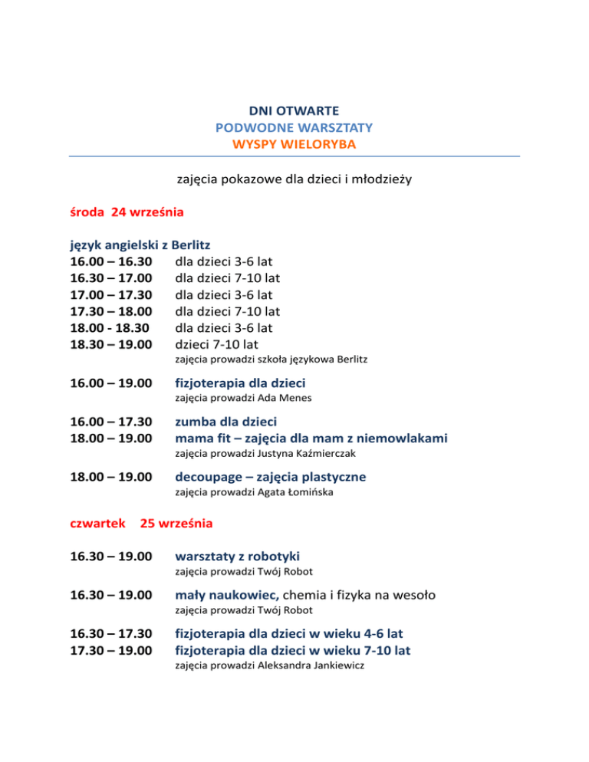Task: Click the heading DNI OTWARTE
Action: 294,111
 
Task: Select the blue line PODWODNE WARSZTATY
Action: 294,127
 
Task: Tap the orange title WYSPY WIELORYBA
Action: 294,143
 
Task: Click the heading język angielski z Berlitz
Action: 134,245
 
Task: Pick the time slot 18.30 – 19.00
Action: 107,343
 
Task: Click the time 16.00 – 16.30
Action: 107,261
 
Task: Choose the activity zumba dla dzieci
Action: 225,422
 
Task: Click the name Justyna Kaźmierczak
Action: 295,453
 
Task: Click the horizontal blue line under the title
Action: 294,157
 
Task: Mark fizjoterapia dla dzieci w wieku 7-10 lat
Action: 293,651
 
